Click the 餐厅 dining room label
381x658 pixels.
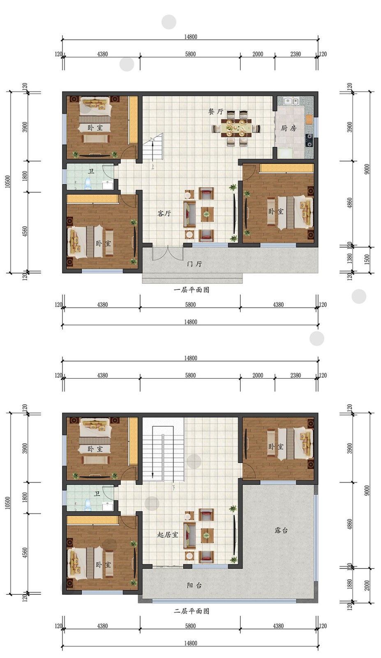216,111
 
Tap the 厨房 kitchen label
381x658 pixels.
289,128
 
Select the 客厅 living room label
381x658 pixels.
164,213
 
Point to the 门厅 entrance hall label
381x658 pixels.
194,264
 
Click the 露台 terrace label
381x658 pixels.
281,530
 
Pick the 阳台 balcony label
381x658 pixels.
194,586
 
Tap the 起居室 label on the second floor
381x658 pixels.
168,535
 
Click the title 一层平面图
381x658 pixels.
192,290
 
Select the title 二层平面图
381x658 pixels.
192,611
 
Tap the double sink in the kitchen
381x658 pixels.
291,101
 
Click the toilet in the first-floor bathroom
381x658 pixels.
87,183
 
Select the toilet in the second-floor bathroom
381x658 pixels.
87,504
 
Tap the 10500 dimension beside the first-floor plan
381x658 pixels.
8,182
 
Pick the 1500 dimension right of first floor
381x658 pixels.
367,259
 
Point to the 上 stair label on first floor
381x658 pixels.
152,167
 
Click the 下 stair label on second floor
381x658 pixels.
174,489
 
